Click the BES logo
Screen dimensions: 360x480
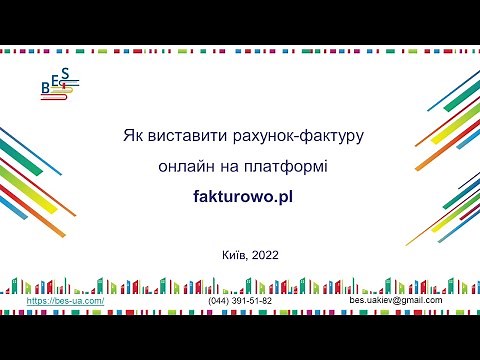(58, 84)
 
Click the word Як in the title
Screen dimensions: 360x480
(133, 133)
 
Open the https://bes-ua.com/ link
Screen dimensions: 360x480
(65, 300)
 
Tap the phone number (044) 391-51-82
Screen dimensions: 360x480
(240, 300)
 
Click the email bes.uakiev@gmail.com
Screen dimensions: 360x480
(395, 300)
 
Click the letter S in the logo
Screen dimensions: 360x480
(65, 73)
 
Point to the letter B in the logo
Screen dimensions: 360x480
(45, 89)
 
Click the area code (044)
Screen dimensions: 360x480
(219, 300)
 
